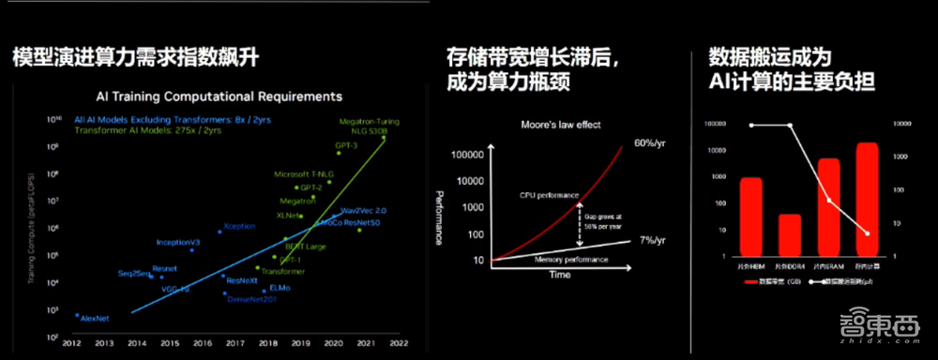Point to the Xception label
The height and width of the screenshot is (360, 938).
tap(239, 226)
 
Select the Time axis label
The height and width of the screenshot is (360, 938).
tap(559, 275)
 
